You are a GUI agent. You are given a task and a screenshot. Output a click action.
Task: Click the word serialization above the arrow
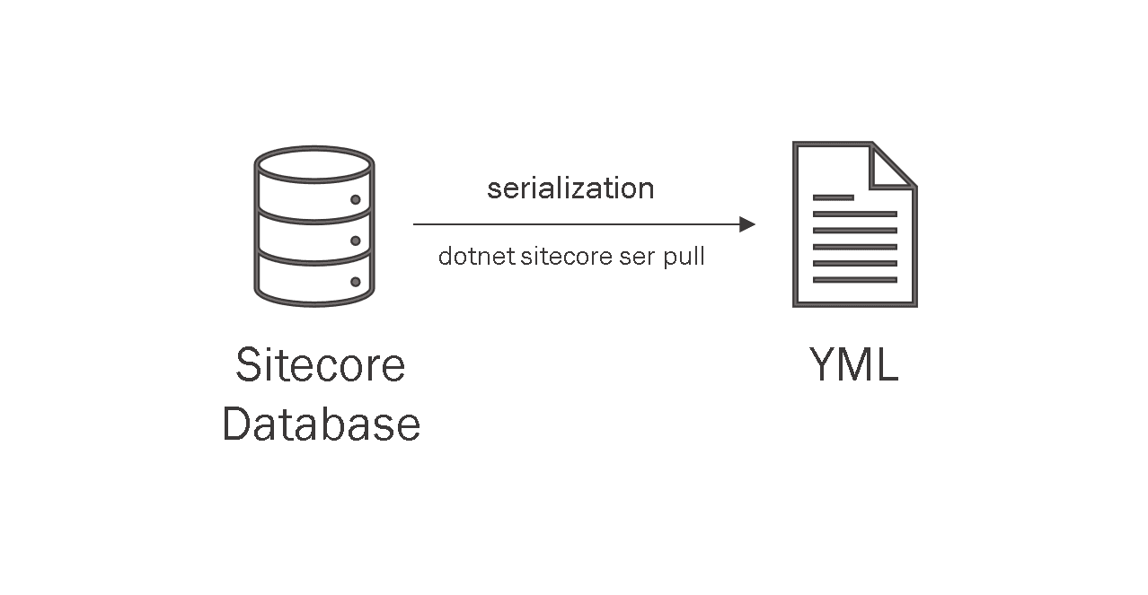pos(570,188)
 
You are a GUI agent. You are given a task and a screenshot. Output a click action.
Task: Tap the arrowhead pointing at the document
pos(746,224)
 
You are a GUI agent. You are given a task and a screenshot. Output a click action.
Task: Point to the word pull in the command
pos(684,258)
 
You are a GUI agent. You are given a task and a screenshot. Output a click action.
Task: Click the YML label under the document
pos(853,364)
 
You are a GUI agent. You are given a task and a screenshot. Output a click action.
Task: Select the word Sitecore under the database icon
pos(321,364)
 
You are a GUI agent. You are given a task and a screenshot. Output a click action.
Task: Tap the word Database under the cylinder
pos(321,424)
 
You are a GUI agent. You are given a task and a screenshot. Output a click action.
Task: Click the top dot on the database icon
pos(356,199)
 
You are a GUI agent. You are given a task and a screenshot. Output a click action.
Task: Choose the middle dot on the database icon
pos(356,241)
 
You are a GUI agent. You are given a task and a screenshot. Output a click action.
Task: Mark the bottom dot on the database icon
pos(356,282)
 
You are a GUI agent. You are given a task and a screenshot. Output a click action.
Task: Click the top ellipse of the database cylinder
pos(314,165)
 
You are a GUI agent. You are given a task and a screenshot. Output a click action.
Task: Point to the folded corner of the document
pos(892,167)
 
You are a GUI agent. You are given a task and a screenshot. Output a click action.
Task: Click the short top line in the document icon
pos(833,197)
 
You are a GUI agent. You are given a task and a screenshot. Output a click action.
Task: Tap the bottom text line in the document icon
pos(854,280)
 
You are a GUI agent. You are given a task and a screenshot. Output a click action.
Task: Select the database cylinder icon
pos(314,226)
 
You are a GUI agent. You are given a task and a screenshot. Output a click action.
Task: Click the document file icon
pos(854,224)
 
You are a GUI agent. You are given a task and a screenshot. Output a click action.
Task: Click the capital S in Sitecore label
pos(251,364)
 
